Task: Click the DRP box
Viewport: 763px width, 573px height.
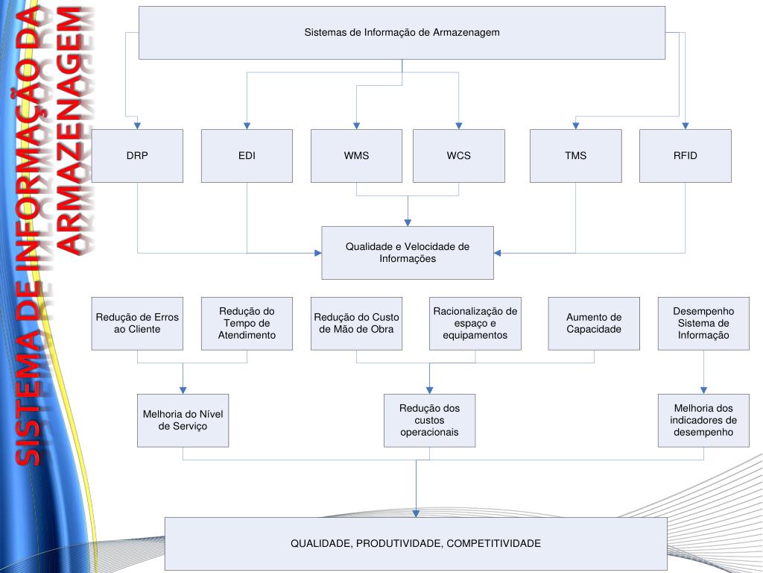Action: tap(137, 156)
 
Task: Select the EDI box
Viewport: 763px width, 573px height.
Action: tap(247, 156)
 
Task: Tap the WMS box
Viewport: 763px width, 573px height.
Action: tap(356, 156)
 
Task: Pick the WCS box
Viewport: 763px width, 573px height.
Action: tap(459, 156)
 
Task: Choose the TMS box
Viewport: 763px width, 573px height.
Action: tap(576, 156)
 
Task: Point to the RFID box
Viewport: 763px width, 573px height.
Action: tap(686, 156)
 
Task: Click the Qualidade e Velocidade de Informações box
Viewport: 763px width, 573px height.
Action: tap(408, 253)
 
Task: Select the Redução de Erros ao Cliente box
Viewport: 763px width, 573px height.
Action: tap(137, 324)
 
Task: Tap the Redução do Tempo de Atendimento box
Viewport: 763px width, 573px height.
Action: tap(247, 324)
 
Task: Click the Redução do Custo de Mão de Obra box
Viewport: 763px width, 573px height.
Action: tap(356, 324)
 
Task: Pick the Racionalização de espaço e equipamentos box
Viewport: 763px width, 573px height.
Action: tap(475, 324)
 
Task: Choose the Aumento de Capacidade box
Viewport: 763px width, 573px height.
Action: tap(594, 324)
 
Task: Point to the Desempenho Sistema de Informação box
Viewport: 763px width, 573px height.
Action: tap(703, 324)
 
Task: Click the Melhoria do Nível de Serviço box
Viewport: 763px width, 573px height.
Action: tap(183, 421)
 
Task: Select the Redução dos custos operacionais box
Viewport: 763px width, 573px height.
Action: tap(430, 421)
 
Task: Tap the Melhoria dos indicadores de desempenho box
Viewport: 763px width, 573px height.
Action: tap(703, 421)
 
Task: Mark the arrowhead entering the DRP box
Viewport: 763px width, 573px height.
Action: tap(137, 125)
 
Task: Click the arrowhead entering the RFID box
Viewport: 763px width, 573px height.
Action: tap(686, 125)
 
